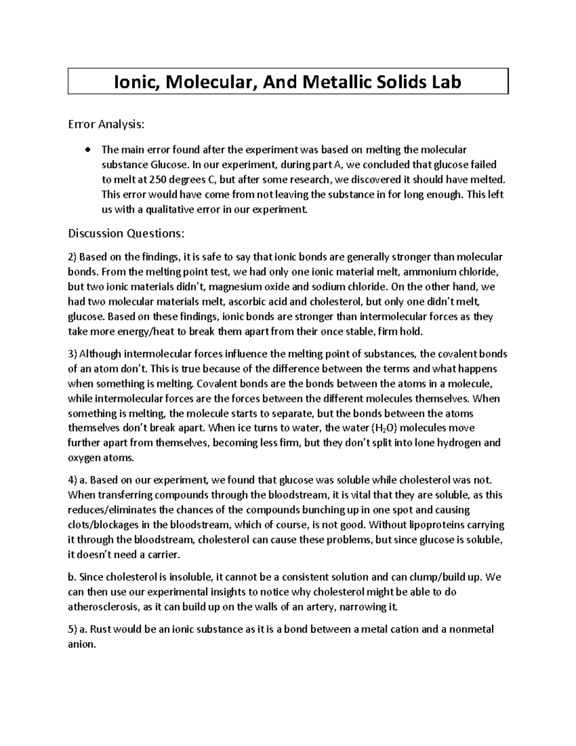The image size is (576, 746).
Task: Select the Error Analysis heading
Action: (106, 125)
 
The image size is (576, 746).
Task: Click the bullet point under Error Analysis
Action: (87, 150)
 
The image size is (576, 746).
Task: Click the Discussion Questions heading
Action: (126, 233)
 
